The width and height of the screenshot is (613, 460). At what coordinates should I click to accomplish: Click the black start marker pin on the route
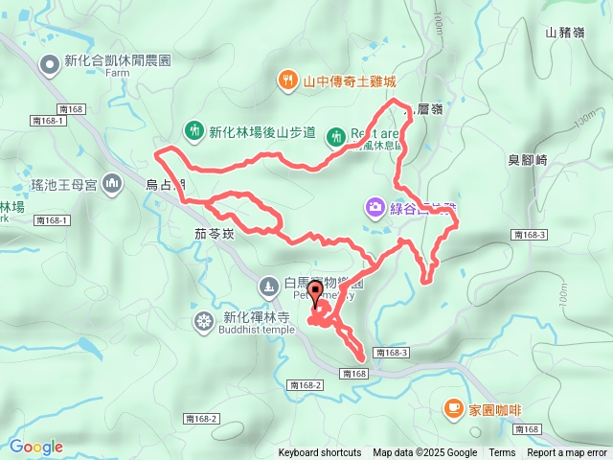(315, 293)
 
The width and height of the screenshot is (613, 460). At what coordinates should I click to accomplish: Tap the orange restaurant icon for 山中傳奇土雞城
(286, 81)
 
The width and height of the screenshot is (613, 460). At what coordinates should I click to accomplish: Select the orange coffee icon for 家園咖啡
(452, 408)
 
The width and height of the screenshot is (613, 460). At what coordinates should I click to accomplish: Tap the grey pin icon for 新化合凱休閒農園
(49, 63)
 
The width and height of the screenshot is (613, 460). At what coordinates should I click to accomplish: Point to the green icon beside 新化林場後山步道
(193, 131)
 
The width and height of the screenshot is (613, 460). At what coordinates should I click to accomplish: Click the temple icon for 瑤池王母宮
(111, 181)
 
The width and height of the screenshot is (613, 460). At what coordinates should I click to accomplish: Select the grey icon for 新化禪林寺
(204, 319)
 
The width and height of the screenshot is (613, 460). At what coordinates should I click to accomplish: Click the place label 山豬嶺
(565, 33)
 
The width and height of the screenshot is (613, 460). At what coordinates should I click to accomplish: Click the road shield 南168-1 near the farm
(47, 121)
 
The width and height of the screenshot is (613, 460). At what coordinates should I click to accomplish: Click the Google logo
(36, 447)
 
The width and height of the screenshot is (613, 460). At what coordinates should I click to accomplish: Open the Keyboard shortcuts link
(320, 453)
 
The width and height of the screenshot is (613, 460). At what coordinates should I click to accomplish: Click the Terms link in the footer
(502, 453)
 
